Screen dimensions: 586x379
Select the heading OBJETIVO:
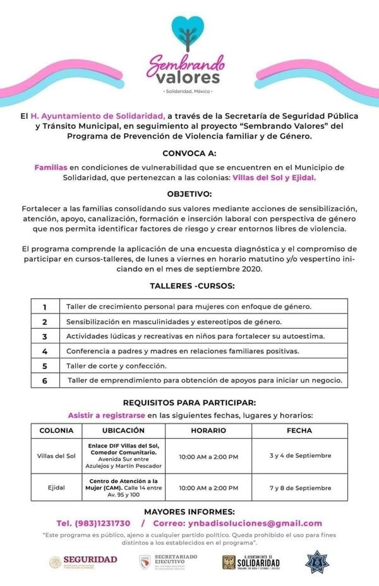[189, 194]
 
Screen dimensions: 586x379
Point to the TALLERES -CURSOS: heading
[192, 286]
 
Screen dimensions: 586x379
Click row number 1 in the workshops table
[45, 307]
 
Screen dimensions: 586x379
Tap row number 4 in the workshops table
[45, 351]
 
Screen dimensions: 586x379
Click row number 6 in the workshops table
[45, 381]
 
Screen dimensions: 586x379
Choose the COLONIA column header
[56, 430]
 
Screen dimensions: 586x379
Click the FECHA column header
[299, 430]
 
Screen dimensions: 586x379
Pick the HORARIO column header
[208, 430]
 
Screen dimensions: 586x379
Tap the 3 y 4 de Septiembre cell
[299, 455]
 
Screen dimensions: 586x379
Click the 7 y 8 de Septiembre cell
[299, 488]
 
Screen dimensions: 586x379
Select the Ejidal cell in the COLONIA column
[56, 488]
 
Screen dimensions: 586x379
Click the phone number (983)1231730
[93, 523]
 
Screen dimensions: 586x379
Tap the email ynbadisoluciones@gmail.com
[254, 523]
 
